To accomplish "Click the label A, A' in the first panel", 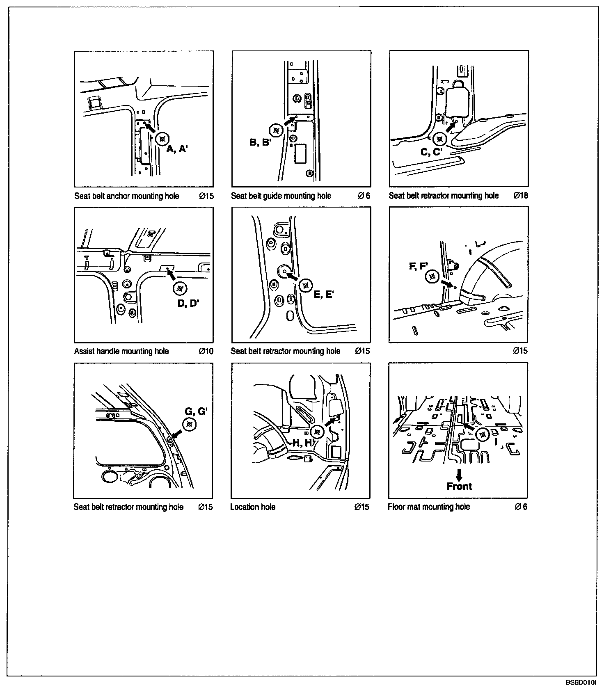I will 177,149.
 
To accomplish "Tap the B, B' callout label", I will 261,143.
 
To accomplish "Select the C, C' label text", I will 431,152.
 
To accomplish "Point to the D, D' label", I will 188,304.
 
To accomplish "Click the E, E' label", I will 324,295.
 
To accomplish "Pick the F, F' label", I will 419,266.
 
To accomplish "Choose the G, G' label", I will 196,411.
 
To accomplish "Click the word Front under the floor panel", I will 459,487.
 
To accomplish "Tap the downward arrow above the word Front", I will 459,475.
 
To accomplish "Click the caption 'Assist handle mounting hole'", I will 121,351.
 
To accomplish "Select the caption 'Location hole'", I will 253,507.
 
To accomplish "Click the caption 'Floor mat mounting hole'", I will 429,507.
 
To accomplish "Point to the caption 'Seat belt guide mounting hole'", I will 281,196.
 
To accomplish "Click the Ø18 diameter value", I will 521,196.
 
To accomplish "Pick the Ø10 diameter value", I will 206,351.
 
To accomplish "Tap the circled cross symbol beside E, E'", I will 306,286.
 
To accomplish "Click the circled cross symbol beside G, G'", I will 189,425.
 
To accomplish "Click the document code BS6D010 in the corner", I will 580,683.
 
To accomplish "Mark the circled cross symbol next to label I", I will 483,434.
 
